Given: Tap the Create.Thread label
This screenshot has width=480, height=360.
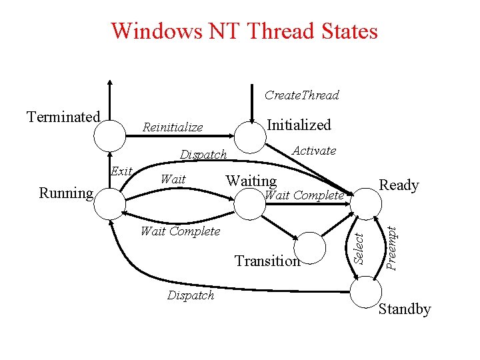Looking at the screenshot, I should click(x=301, y=95).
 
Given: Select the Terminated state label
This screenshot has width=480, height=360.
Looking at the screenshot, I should click(x=63, y=117).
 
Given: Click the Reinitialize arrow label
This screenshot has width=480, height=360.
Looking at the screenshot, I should click(x=173, y=127).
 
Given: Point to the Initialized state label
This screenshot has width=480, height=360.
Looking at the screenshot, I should click(x=299, y=125).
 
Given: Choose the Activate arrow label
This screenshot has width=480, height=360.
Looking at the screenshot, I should click(x=314, y=151).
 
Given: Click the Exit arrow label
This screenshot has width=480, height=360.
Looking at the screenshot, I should click(x=121, y=171).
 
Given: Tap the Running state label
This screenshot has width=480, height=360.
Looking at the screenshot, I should click(x=66, y=193).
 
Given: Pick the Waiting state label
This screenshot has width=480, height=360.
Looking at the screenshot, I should click(x=251, y=181).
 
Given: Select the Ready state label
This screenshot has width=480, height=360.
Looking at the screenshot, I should click(x=399, y=185).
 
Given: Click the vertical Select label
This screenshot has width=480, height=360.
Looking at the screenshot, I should click(x=358, y=246).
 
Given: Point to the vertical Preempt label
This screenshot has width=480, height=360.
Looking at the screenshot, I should click(x=392, y=247).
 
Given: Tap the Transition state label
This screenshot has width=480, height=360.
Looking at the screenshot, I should click(x=267, y=261).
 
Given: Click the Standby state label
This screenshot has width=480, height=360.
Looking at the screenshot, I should click(x=405, y=309).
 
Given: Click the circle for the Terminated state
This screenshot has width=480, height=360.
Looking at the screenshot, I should click(x=109, y=136).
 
